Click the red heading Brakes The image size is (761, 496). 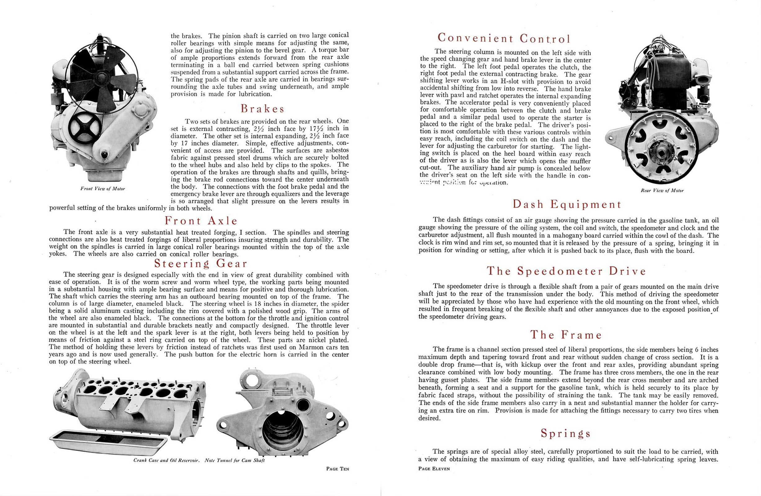(x=262, y=109)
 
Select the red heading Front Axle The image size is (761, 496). (x=201, y=221)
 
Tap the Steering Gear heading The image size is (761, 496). (x=201, y=264)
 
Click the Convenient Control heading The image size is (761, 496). (x=504, y=38)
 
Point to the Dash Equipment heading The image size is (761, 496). (x=567, y=204)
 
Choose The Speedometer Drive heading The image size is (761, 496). (x=566, y=271)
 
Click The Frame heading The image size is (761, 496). (x=566, y=334)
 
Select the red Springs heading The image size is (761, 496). (x=566, y=433)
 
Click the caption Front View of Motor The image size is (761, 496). (x=102, y=189)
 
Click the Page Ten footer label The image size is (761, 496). (x=337, y=469)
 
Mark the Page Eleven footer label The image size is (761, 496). (x=434, y=469)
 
